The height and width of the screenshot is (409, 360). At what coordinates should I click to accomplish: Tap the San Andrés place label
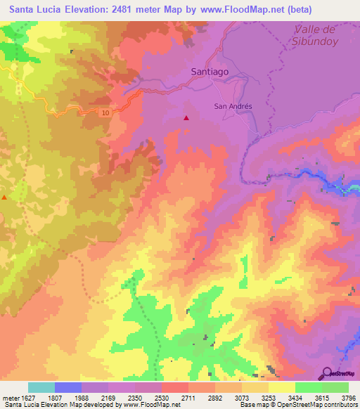[232, 106]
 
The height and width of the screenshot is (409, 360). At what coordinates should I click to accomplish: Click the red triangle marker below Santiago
[186, 118]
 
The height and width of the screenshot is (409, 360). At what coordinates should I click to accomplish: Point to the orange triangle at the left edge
[4, 197]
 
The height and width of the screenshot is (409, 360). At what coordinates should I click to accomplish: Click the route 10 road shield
[105, 113]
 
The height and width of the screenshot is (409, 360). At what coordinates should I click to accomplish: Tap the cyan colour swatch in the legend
[41, 387]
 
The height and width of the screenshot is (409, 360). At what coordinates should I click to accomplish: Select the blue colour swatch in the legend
[68, 387]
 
